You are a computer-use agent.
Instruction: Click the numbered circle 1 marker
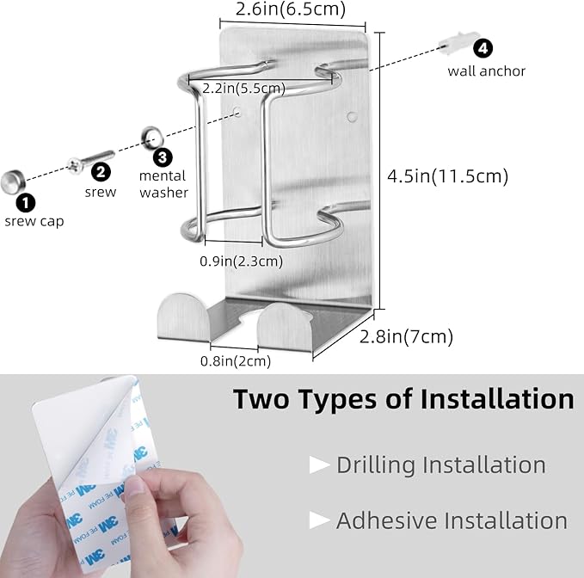(25, 203)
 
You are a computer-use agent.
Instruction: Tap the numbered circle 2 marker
(101, 172)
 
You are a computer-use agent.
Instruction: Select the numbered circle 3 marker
(163, 157)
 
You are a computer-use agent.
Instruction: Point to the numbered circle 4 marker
(483, 48)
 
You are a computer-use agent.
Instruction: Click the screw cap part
(13, 182)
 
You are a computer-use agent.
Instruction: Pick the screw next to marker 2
(90, 161)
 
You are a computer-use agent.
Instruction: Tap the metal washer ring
(152, 138)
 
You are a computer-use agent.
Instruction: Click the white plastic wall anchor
(458, 42)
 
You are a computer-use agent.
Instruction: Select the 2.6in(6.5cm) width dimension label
(291, 9)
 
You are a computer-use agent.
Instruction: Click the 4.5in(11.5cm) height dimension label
(448, 176)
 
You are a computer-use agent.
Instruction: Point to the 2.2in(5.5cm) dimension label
(244, 89)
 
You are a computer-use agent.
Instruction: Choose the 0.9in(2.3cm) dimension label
(242, 261)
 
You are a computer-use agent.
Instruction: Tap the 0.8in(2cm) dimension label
(236, 361)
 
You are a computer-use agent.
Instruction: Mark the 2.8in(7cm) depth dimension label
(406, 336)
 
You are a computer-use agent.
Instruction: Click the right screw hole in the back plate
(352, 117)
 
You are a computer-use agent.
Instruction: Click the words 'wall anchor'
(487, 71)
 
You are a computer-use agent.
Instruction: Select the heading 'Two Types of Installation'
(403, 399)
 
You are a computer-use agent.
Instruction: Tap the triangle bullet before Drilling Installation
(320, 465)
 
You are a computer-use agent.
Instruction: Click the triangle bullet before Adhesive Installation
(320, 520)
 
